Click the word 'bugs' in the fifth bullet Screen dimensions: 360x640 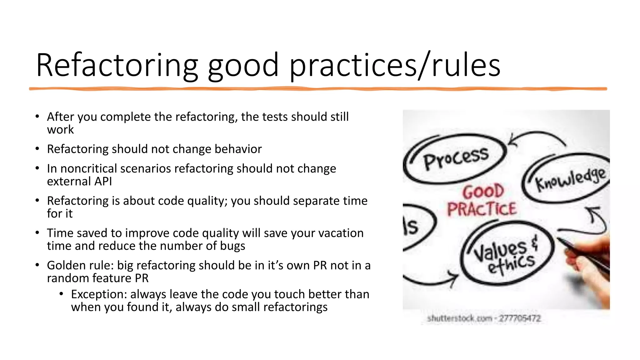(232, 246)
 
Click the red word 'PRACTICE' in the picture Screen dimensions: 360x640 (482, 209)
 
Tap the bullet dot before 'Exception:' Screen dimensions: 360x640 (62, 294)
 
